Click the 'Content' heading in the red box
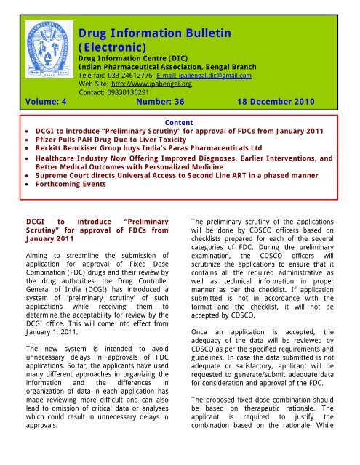(x=180, y=124)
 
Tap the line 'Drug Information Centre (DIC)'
(x=125, y=57)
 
